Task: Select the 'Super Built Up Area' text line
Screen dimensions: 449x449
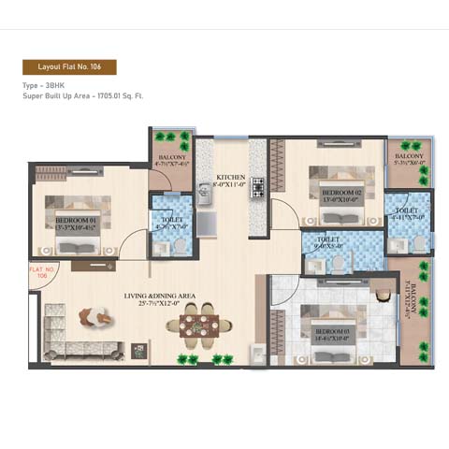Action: [82, 95]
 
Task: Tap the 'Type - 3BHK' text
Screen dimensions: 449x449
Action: [48, 85]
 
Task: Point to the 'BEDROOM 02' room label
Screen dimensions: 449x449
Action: [335, 195]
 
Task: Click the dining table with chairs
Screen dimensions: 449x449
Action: [198, 326]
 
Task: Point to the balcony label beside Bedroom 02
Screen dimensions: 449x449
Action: [408, 158]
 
